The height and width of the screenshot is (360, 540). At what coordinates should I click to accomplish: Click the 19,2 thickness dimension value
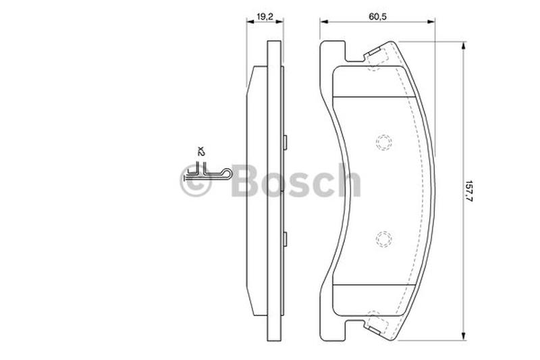coord(265,16)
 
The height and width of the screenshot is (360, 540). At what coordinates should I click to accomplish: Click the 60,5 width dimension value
coord(378,16)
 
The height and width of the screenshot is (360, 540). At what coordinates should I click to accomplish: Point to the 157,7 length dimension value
coord(469,192)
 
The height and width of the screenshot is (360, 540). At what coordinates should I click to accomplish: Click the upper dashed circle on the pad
coord(383,142)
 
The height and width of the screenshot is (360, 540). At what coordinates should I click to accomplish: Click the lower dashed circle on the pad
coord(383,239)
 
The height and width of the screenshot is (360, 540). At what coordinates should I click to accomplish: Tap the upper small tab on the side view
coord(285,143)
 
